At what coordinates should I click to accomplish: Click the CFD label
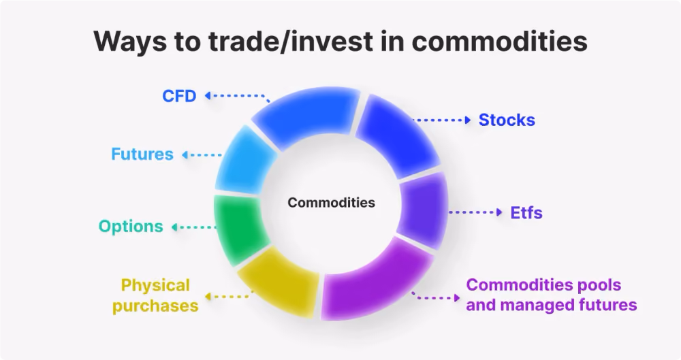point(179,96)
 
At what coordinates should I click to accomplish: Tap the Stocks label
point(507,120)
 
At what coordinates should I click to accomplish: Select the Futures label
point(142,154)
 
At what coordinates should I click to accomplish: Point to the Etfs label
point(526,213)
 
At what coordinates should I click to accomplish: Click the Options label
point(131,226)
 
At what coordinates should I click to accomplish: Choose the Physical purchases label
point(155,295)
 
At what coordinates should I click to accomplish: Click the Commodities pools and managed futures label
point(552,295)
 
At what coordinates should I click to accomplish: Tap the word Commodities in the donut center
point(332,202)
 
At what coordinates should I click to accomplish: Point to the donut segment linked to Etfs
point(423,210)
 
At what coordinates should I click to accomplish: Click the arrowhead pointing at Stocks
point(468,120)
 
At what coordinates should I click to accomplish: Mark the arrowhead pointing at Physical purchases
point(208,297)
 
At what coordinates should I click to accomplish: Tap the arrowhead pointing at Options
point(174,227)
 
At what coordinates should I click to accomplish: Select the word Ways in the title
point(130,42)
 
